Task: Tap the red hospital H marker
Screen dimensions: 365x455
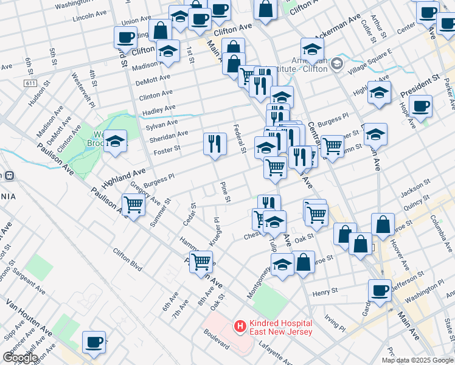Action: coord(240,327)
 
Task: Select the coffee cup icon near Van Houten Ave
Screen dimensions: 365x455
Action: coord(94,342)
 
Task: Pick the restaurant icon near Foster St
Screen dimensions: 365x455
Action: coord(214,144)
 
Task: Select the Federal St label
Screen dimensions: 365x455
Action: coord(240,139)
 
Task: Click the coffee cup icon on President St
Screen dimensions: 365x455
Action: coord(420,106)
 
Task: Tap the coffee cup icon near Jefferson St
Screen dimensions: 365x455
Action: coord(380,291)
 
